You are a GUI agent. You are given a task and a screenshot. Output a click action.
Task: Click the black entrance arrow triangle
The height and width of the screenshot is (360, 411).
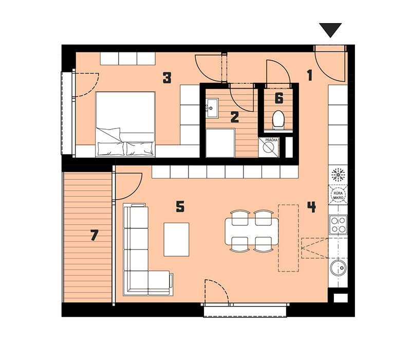(330, 29)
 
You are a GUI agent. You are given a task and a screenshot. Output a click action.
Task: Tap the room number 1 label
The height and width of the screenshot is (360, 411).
(310, 75)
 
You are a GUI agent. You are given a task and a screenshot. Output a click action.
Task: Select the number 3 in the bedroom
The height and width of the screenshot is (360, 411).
(167, 78)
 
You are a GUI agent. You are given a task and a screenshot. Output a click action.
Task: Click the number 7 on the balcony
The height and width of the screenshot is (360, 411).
(94, 235)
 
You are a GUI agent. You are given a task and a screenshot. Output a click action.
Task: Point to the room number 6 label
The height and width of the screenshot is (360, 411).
(279, 98)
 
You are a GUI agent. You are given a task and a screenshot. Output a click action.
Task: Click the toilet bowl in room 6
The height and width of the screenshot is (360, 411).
(278, 120)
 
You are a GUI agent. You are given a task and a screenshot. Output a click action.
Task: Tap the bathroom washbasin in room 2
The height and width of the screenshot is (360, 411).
(212, 108)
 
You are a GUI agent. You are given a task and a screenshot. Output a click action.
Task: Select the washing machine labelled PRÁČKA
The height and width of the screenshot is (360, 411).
(268, 148)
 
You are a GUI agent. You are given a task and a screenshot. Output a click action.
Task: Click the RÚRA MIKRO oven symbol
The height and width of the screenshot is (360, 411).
(338, 194)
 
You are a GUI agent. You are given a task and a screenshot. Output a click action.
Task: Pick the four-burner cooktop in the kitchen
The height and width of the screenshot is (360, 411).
(338, 225)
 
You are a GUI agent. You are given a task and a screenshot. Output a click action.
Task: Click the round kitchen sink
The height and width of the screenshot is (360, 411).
(338, 268)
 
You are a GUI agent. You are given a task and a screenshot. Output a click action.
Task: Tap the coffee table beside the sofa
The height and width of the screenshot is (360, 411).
(176, 239)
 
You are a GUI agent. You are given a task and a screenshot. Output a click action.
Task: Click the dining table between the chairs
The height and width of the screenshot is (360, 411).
(252, 231)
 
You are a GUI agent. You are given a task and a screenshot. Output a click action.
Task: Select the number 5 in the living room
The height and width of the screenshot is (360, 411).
(180, 207)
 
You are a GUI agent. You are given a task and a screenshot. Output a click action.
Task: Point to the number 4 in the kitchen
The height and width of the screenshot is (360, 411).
(311, 207)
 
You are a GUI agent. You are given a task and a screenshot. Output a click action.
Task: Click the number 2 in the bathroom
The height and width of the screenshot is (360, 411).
(235, 117)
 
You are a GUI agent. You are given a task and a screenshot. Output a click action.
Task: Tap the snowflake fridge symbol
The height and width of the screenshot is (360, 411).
(338, 175)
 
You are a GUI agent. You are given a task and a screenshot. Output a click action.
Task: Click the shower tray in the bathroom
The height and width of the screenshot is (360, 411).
(220, 143)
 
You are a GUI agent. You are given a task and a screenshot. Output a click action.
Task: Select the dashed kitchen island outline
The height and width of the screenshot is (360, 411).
(288, 238)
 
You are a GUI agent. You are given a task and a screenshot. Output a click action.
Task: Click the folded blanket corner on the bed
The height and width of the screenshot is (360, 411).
(109, 134)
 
